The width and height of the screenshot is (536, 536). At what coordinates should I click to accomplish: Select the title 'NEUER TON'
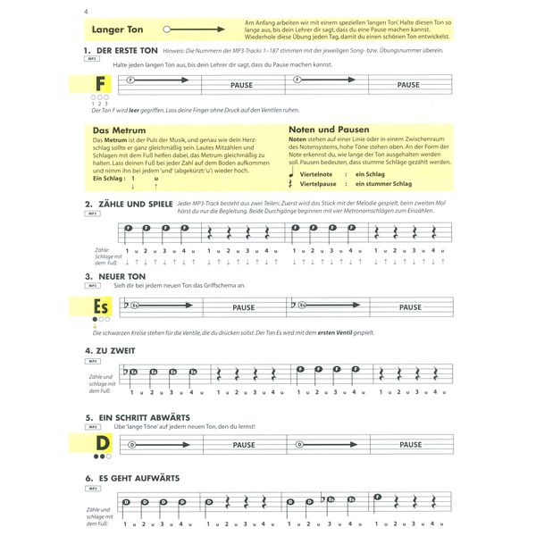121,277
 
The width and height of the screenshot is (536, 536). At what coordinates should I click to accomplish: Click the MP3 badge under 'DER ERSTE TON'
91,62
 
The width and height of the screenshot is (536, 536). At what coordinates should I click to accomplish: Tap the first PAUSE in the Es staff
244,307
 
